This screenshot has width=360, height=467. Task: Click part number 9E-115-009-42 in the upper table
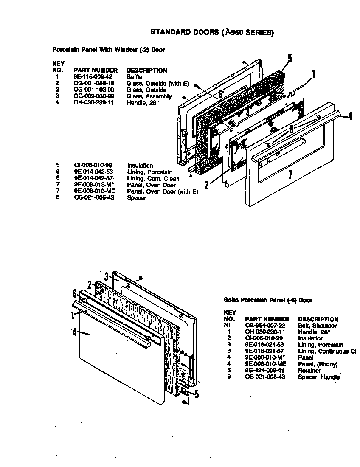click(93, 77)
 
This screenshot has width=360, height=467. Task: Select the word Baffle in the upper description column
click(134, 77)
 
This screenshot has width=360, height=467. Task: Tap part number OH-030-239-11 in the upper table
click(94, 103)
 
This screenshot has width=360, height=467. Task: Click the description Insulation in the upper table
click(140, 166)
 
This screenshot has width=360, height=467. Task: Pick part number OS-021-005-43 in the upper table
click(94, 198)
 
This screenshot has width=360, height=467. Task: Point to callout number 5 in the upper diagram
click(290, 59)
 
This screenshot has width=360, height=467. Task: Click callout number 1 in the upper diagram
click(313, 75)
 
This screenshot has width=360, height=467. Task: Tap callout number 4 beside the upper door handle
click(349, 115)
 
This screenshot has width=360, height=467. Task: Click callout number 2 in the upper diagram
click(207, 185)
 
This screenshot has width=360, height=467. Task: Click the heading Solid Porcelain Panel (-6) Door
click(268, 300)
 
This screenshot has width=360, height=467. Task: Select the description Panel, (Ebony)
click(318, 364)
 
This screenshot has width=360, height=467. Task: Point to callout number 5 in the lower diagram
click(197, 395)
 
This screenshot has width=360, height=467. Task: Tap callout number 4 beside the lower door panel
click(75, 332)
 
